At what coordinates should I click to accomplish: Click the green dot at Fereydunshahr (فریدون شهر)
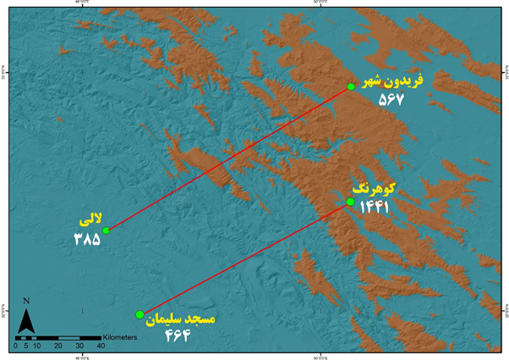351,86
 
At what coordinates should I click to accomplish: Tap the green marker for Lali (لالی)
106,230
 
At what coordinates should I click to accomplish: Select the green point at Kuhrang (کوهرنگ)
350,202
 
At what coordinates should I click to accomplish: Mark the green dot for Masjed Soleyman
140,314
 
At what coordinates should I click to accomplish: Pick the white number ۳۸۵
86,239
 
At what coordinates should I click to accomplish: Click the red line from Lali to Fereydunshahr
228,158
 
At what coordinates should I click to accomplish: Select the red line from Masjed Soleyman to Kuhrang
245,258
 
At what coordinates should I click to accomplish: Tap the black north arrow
26,321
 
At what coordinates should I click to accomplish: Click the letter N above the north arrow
26,301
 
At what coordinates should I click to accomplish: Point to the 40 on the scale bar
101,346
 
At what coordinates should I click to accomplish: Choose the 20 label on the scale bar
58,346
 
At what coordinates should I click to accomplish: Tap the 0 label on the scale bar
16,346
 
